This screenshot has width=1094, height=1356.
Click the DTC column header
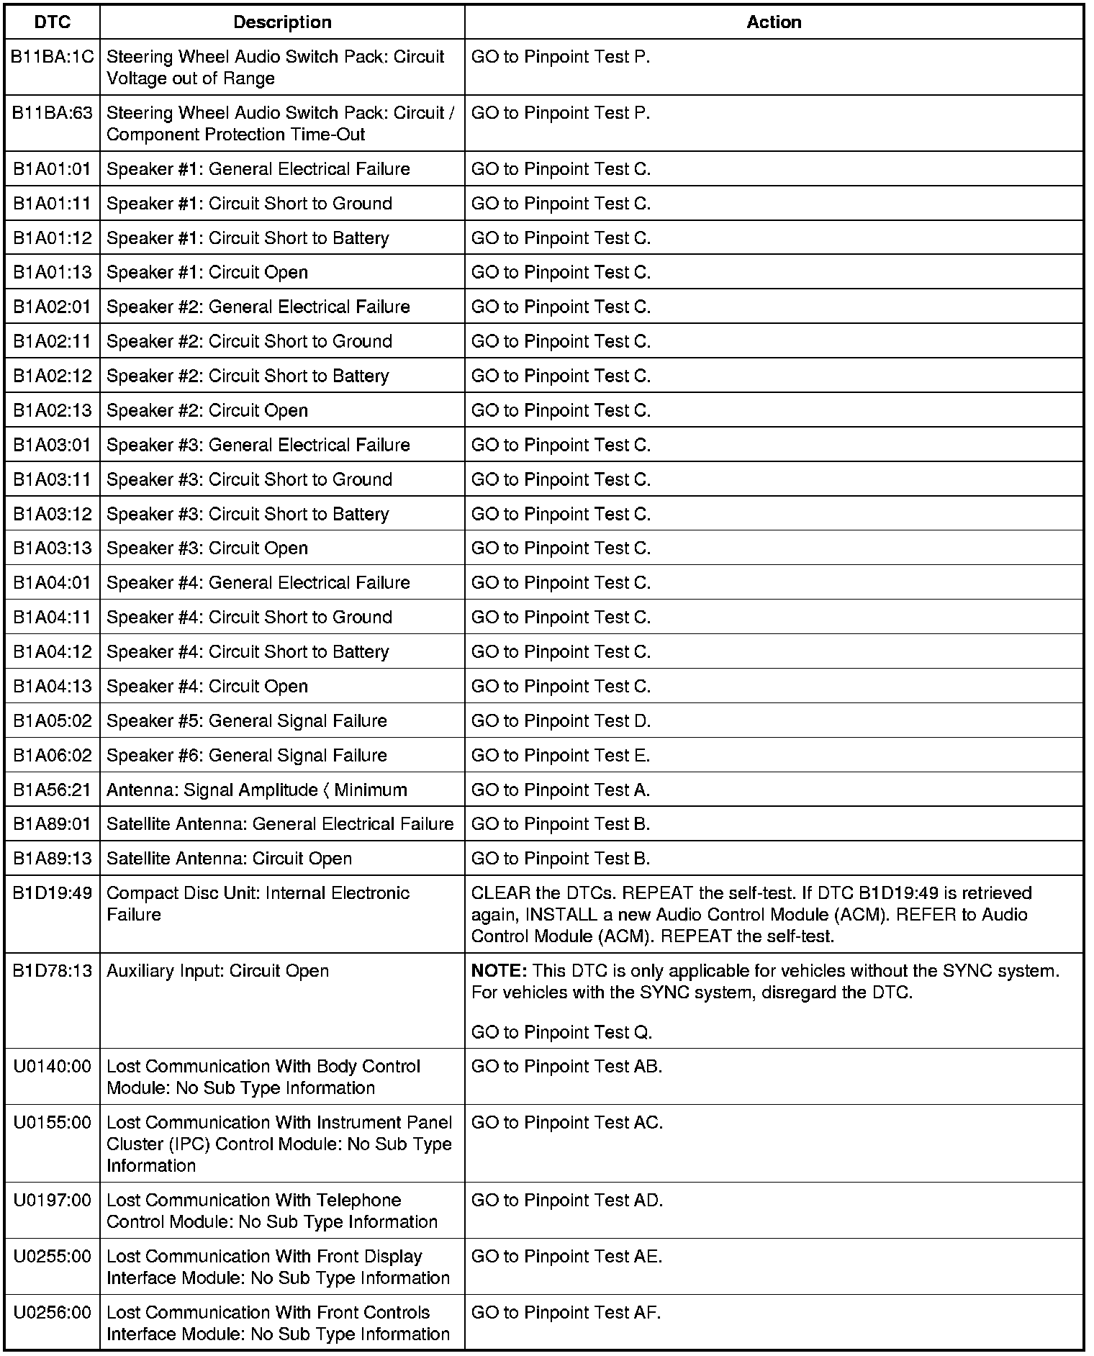point(53,22)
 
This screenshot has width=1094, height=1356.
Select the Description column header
point(282,22)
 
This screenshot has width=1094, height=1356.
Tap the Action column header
point(774,22)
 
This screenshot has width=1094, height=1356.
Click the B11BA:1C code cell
point(53,57)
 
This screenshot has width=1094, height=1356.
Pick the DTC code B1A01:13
point(53,273)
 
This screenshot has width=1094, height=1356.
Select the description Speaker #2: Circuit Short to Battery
point(248,376)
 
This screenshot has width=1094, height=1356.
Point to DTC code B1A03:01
point(53,446)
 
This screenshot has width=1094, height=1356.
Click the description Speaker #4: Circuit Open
point(207,687)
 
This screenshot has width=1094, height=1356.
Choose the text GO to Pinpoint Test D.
point(561,721)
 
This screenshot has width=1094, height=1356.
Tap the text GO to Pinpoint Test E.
point(561,756)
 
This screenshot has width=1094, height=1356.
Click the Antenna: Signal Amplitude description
point(257,790)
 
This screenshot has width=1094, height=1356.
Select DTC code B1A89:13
point(53,859)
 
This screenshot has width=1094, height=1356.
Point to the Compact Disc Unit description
point(258,904)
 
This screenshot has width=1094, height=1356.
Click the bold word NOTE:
point(499,971)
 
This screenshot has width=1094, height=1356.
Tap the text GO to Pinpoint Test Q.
point(561,1033)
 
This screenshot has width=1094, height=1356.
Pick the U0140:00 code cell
point(53,1067)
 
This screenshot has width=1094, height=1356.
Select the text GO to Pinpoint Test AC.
point(567,1123)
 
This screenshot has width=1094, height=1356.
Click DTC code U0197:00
point(53,1201)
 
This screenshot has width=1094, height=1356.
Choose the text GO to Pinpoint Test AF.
point(566,1313)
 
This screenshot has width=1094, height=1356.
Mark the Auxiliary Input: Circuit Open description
point(217,971)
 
